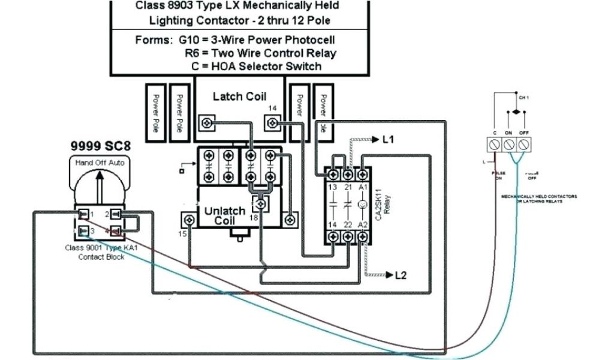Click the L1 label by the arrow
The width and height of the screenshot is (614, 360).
coord(388,139)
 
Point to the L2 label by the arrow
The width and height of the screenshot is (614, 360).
coord(401,275)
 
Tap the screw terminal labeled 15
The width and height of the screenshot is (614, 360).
coord(189,220)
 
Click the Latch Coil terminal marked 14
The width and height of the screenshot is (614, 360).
coord(273,124)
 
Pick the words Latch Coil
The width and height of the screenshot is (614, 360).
coord(239,97)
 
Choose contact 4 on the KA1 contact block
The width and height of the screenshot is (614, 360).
coord(116,230)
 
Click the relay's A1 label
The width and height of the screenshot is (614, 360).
coord(362,188)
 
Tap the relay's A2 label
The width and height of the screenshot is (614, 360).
coord(362,224)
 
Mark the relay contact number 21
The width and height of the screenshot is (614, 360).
coord(348,188)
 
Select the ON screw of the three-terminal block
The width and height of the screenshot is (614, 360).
coord(509,144)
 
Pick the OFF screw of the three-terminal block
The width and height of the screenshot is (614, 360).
coord(523,144)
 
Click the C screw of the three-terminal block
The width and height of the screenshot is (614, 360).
coord(495,144)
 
